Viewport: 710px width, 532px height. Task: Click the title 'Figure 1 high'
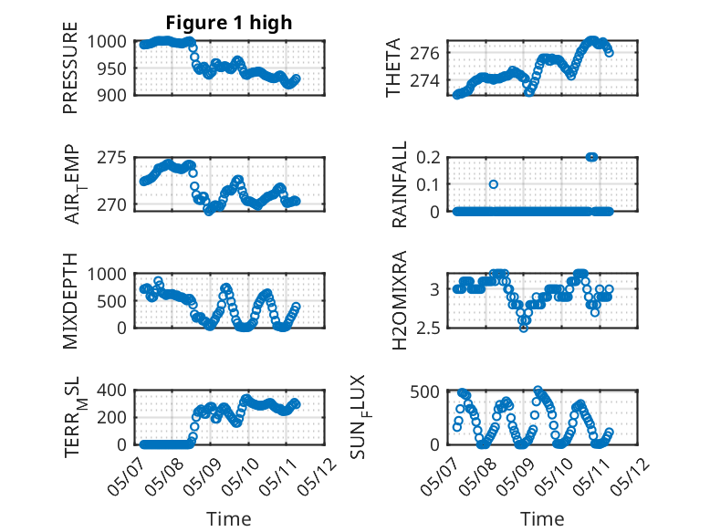pyautogui.click(x=228, y=23)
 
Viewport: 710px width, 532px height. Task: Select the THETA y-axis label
pyautogui.click(x=393, y=68)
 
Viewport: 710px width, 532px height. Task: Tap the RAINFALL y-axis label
pyautogui.click(x=400, y=184)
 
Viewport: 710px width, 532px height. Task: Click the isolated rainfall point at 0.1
pyautogui.click(x=493, y=184)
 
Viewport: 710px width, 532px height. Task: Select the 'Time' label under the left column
pyautogui.click(x=228, y=518)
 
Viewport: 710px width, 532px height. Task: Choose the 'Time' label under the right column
pyautogui.click(x=542, y=518)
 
